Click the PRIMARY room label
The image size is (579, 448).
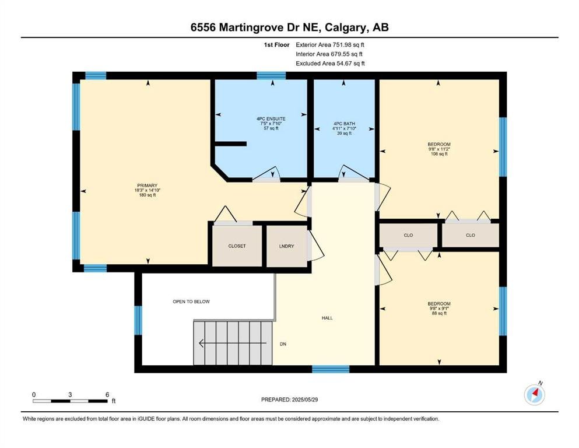pos(148,185)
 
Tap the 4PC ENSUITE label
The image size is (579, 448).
pos(271,119)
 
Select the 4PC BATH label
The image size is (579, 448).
pos(344,124)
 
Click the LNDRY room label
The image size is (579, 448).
pos(286,246)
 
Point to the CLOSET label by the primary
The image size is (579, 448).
pos(237,246)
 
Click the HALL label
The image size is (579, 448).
pos(327,318)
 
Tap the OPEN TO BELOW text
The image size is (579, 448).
pos(191,302)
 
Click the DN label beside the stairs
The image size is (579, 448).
pos(283,344)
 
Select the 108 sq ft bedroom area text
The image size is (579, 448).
pos(439,153)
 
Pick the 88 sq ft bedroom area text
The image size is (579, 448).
pos(439,313)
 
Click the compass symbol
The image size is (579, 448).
pos(534,394)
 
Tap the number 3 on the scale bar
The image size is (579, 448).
pos(70,394)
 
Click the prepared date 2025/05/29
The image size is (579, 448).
pos(304,400)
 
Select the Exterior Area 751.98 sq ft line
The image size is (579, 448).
pos(330,45)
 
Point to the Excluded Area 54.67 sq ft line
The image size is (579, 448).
pos(330,64)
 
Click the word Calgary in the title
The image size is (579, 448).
pos(346,27)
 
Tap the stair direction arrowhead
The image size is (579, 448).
pos(202,344)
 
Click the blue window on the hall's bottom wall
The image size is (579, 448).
pos(331,369)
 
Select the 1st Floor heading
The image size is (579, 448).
pos(276,45)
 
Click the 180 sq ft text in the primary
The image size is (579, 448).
pos(148,195)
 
